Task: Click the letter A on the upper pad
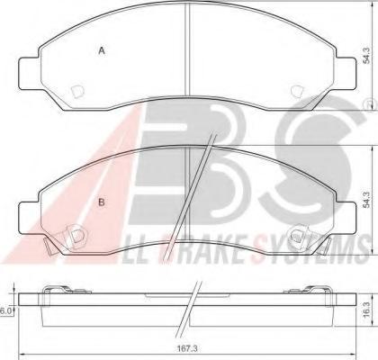[102, 51]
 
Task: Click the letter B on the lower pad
[102, 202]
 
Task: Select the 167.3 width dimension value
[186, 348]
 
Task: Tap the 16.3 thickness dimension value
[366, 312]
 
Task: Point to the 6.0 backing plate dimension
[5, 311]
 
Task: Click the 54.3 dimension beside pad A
[366, 55]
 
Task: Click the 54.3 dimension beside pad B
[366, 199]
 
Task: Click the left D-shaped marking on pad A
[76, 92]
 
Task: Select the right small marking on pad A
[297, 91]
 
